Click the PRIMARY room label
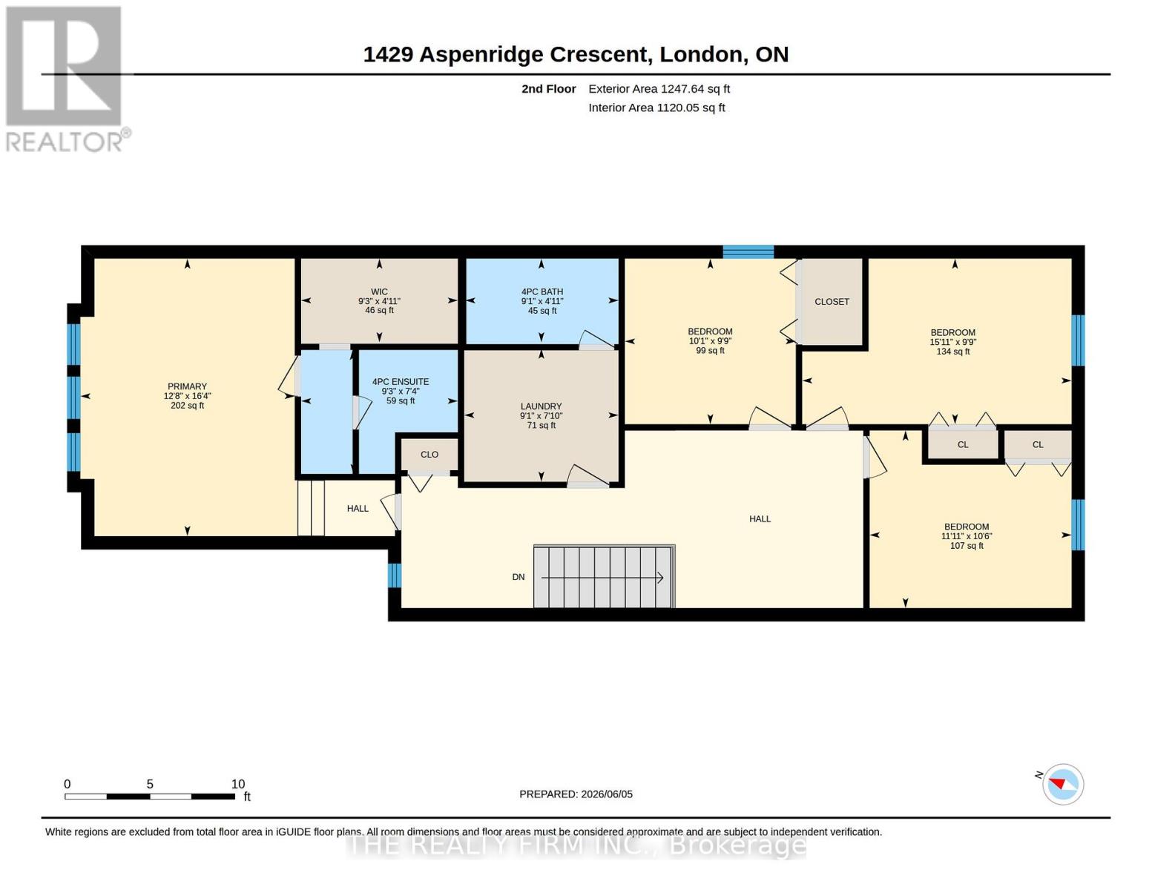click(x=187, y=386)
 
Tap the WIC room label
click(x=379, y=291)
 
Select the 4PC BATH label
click(x=542, y=291)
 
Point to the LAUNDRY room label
click(x=541, y=406)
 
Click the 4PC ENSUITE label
click(x=401, y=382)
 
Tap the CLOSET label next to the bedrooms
click(x=832, y=302)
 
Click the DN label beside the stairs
click(x=519, y=577)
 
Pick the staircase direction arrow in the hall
click(x=602, y=578)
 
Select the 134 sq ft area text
click(x=952, y=352)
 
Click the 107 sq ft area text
click(x=967, y=545)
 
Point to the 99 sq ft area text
click(x=710, y=350)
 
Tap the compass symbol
click(x=1062, y=784)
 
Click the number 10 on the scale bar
click(x=238, y=784)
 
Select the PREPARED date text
click(x=576, y=794)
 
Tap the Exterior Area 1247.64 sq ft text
click(x=659, y=89)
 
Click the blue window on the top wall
click(x=748, y=251)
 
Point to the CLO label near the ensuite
click(x=429, y=455)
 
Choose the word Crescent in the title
click(x=598, y=55)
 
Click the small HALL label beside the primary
click(x=358, y=508)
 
